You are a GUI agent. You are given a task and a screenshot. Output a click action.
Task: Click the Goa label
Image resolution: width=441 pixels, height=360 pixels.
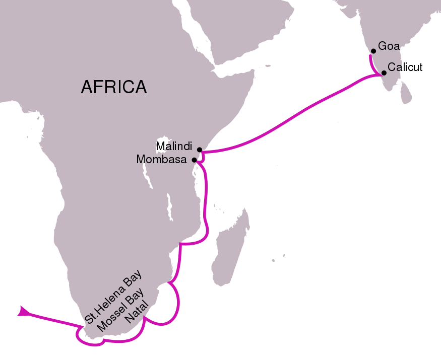click(x=389, y=46)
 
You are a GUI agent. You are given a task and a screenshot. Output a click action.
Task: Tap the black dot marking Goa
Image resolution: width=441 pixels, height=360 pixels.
click(x=373, y=51)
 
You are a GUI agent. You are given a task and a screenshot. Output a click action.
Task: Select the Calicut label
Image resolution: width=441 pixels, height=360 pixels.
click(x=405, y=67)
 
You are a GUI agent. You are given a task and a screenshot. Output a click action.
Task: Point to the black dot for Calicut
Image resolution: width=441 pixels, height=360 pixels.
click(x=384, y=73)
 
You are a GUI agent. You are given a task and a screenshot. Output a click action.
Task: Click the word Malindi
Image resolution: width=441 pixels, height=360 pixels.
click(x=174, y=146)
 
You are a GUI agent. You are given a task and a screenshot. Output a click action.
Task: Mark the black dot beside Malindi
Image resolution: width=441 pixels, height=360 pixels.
click(x=200, y=150)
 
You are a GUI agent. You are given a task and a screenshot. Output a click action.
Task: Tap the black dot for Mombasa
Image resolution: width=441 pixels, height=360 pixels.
click(x=194, y=160)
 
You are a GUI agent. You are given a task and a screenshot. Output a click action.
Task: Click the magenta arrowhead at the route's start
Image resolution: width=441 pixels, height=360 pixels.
click(x=23, y=312)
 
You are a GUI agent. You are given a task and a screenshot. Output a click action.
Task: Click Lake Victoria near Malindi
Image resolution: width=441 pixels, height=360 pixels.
click(x=162, y=142)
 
